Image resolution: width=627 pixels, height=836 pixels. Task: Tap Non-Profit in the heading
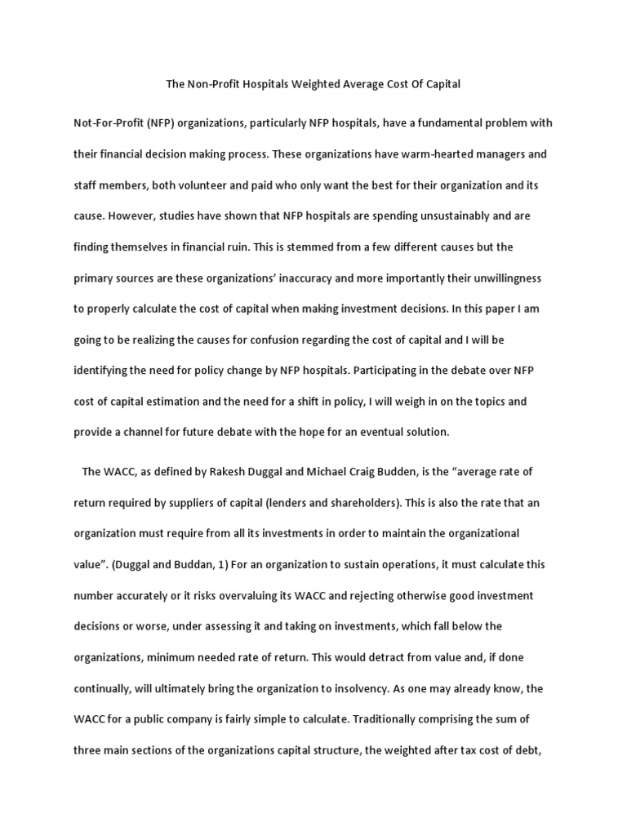pos(202,84)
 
